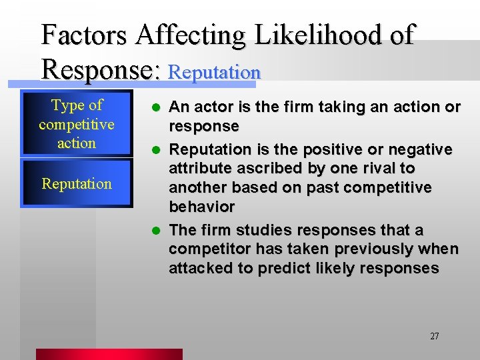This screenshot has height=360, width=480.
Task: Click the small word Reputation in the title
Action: pos(214,72)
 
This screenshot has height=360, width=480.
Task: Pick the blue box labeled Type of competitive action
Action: pos(77,124)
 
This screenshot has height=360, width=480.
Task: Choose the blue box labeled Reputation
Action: pos(77,183)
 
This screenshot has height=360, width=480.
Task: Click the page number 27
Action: pos(434,336)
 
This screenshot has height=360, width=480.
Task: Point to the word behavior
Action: pos(201,207)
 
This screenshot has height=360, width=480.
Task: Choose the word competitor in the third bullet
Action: pos(205,249)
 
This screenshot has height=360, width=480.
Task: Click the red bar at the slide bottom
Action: pos(109,354)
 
